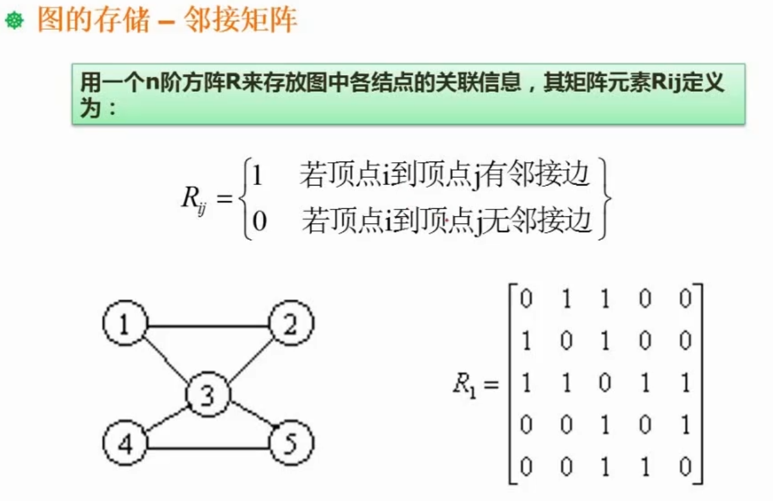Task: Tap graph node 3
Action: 208,395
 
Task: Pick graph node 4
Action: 124,445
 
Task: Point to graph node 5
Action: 290,445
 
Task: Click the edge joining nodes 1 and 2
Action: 207,327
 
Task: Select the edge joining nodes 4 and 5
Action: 207,448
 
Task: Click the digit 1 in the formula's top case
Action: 257,177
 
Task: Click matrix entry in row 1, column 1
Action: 525,299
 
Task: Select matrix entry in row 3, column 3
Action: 605,383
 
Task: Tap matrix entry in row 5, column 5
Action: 685,466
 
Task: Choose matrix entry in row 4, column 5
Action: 685,425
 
